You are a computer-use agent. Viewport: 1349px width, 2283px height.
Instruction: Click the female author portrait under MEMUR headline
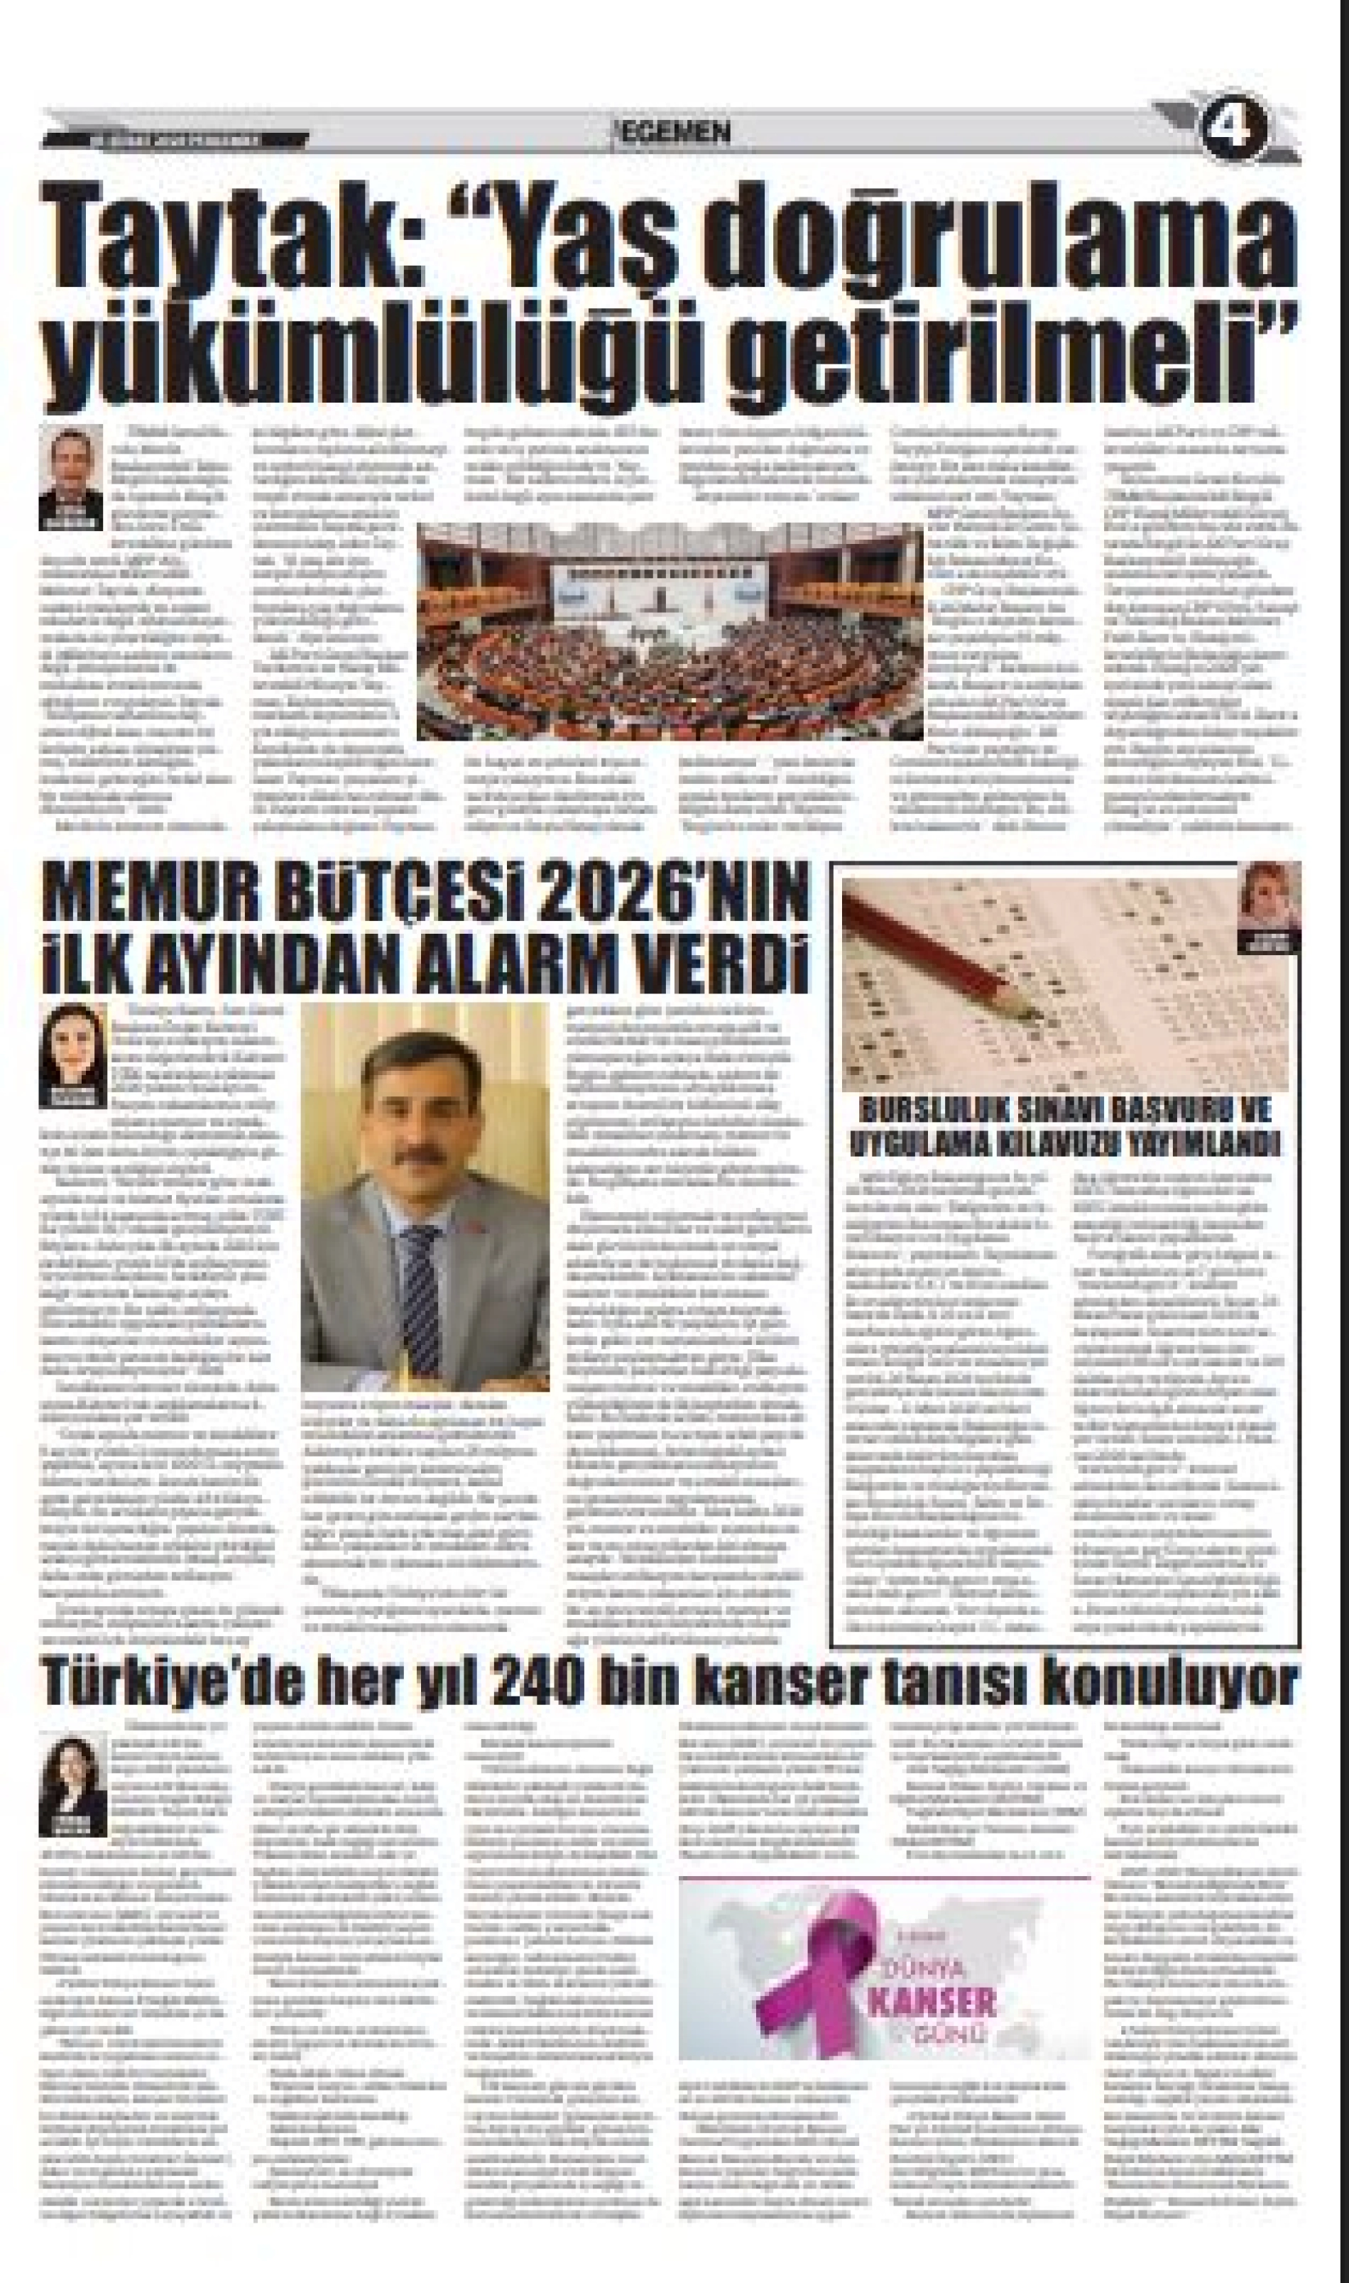(x=72, y=1055)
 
